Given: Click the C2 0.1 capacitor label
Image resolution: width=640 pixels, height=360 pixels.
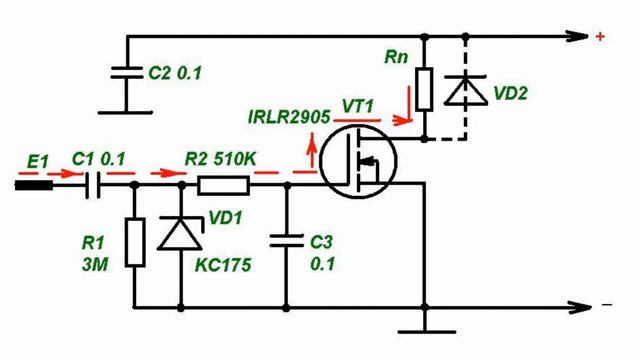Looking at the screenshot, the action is point(175,73).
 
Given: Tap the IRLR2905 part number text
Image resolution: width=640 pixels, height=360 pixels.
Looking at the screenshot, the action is point(289,118).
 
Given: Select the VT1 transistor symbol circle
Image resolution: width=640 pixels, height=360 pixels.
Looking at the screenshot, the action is point(358,161).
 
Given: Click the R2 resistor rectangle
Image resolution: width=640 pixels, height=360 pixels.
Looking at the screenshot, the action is point(223,185).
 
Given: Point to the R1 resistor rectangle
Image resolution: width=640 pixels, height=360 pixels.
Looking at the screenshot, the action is point(135,242).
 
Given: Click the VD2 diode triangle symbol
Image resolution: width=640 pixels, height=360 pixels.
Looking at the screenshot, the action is point(465,91).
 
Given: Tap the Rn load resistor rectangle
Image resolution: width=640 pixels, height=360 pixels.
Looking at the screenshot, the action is point(424,89).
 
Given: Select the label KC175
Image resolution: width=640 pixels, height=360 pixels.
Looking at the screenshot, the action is point(223,266).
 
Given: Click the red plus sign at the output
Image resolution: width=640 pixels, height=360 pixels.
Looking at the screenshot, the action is point(600,37).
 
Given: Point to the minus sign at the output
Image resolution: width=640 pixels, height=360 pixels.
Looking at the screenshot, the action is point(607,304).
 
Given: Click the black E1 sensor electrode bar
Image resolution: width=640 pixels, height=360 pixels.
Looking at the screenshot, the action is point(34,186).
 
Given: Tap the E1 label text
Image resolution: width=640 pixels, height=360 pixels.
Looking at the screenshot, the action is point(38,162).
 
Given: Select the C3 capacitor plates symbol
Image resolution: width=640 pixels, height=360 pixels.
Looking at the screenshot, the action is point(287,241).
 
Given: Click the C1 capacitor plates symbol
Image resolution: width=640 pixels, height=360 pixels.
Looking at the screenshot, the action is point(93,185).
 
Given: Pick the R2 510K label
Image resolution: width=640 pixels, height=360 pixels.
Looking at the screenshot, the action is point(220,160).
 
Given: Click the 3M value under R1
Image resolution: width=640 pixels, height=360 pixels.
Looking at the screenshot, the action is point(95,266).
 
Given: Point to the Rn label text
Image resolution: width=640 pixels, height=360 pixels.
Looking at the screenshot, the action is point(396,57).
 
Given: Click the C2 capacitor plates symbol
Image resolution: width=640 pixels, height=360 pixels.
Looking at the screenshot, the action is point(127,73).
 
